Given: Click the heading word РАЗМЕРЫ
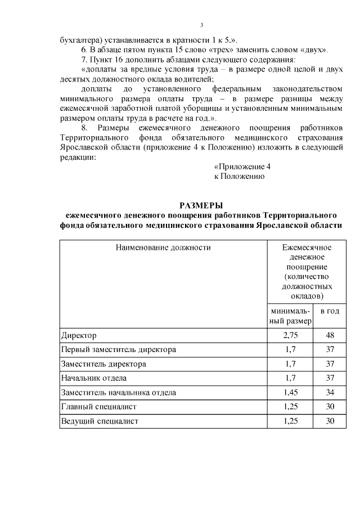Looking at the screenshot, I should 201,205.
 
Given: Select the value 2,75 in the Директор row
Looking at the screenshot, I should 290,335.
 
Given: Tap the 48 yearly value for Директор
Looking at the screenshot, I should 330,335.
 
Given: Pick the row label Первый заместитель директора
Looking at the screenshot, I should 118,349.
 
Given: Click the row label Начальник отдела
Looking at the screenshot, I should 94,378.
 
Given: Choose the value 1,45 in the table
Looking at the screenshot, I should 290,392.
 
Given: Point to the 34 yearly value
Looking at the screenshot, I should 330,392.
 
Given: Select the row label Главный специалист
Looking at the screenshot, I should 99,406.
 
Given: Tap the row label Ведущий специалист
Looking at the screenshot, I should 100,421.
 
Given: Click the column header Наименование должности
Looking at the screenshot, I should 163,247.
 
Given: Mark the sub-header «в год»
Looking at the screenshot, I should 330,311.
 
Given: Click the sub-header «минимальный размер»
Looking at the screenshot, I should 290,316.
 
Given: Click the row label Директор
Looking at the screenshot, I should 79,335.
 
